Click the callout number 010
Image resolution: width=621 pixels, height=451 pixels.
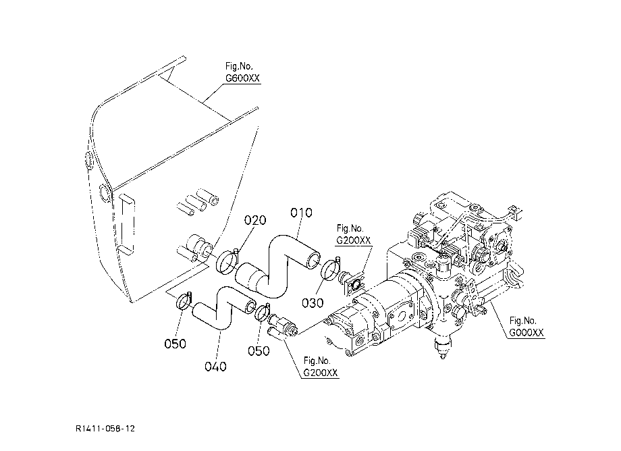[301, 213]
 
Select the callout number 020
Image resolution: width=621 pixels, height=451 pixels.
[255, 220]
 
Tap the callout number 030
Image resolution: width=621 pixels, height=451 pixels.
[313, 303]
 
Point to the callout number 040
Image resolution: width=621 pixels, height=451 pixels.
[215, 367]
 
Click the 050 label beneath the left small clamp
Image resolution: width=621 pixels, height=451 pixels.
[175, 344]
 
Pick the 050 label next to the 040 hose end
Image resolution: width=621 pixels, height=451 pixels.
[259, 351]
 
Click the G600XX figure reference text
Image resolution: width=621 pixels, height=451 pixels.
[242, 78]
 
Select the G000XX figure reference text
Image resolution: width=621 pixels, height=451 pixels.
[526, 333]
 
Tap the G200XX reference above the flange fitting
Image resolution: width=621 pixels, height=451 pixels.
[354, 240]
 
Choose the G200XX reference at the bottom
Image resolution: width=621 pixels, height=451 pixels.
[321, 373]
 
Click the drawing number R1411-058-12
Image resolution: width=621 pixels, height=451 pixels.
[105, 429]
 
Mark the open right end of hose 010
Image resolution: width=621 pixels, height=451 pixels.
[312, 259]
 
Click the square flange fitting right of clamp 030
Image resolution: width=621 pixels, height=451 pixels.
[354, 284]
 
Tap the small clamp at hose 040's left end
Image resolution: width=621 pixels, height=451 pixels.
[184, 301]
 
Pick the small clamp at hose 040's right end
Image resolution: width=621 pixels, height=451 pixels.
[262, 312]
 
